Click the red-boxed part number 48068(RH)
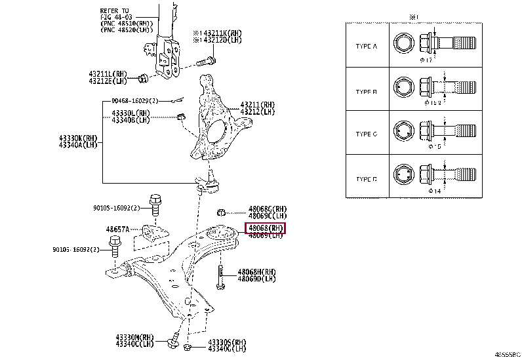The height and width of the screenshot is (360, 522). [266, 228]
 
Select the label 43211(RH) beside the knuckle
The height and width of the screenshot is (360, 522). [257, 104]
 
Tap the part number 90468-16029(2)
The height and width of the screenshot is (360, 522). [134, 101]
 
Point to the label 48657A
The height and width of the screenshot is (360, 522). [118, 230]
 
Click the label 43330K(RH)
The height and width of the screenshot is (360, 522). [78, 138]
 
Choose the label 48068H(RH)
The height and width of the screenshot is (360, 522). [256, 271]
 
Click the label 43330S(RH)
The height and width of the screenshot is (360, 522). [227, 342]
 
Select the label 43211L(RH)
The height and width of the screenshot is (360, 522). [108, 75]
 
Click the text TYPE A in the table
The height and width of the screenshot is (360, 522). [367, 47]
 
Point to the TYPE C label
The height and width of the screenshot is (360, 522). [367, 134]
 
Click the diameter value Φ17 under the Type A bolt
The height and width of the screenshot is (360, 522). [429, 60]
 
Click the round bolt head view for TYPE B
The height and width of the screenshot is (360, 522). [403, 89]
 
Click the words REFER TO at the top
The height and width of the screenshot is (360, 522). [115, 11]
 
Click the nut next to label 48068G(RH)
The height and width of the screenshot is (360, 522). [221, 212]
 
